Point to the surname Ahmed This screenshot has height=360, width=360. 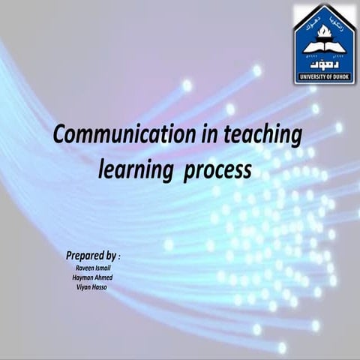[103, 277]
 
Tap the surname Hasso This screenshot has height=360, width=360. [97, 286]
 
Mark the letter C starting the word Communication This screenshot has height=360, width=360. [61, 136]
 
